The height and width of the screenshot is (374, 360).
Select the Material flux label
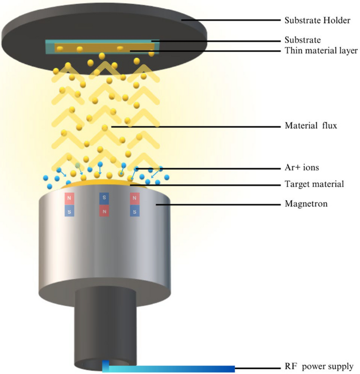(x=311, y=126)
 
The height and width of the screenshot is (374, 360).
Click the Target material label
(x=314, y=184)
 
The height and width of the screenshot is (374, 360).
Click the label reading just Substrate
(x=302, y=40)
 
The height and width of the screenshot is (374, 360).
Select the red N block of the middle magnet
(x=104, y=211)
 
